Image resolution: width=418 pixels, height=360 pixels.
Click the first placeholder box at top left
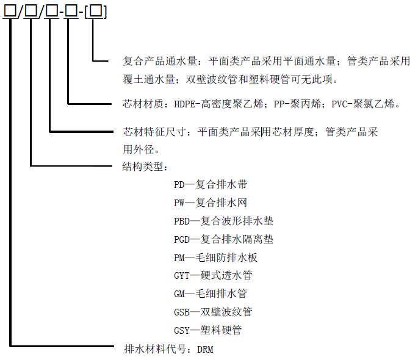point(10,11)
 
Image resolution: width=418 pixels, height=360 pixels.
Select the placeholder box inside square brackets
point(96,12)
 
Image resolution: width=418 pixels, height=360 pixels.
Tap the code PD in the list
point(179,185)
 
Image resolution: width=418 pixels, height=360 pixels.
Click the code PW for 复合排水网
point(179,203)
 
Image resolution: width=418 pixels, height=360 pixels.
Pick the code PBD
point(182,221)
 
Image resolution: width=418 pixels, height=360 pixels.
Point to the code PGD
point(182,240)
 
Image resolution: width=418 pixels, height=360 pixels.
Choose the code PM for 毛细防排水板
point(179,257)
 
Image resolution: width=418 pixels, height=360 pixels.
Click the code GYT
point(182,276)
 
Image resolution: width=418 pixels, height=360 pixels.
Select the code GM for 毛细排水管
point(179,294)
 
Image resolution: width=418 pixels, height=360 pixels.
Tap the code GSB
point(182,312)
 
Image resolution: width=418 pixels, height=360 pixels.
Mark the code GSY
point(182,331)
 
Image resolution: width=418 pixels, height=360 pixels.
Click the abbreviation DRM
point(205,350)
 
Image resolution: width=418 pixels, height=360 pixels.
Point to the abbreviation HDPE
point(184,104)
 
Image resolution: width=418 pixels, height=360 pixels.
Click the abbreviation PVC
point(339,104)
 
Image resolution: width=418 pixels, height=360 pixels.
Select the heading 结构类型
point(143,167)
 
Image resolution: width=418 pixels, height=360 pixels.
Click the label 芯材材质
point(143,104)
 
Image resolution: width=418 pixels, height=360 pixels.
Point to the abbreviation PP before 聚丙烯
point(279,104)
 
